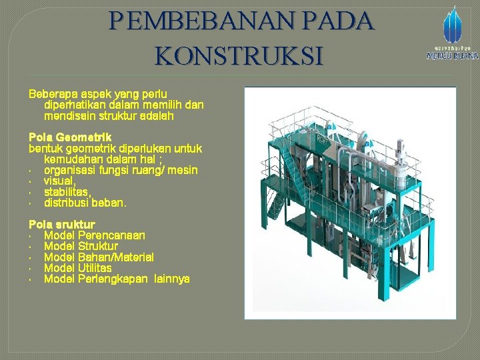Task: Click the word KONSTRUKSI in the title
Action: tap(239, 55)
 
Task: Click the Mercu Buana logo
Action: tap(452, 33)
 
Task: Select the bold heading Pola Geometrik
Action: tap(70, 137)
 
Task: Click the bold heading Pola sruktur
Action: tap(61, 225)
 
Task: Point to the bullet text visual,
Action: tap(60, 181)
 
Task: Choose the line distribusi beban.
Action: tap(85, 202)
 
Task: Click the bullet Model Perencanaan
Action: tap(95, 235)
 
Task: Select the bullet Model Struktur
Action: tap(81, 246)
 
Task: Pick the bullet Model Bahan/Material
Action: tap(99, 257)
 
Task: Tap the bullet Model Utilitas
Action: tap(77, 267)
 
